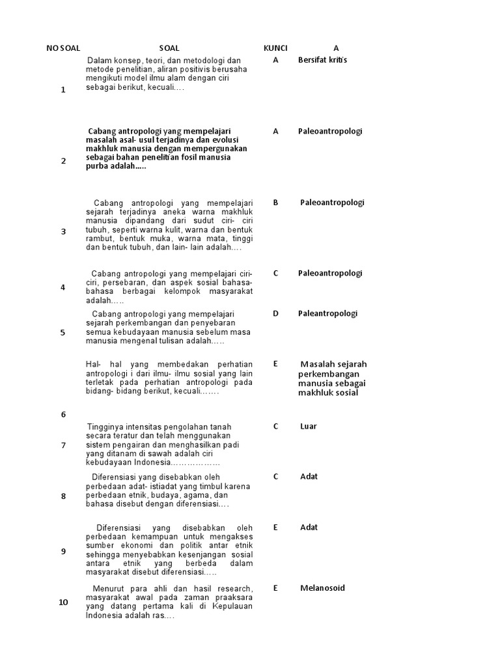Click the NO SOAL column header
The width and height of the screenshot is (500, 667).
click(x=63, y=48)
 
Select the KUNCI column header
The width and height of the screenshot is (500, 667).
click(x=275, y=48)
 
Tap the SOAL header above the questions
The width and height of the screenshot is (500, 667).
click(x=169, y=48)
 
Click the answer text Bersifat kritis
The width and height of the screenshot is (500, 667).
click(x=323, y=60)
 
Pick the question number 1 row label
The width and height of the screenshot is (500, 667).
click(x=63, y=90)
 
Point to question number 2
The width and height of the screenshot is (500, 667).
click(x=63, y=161)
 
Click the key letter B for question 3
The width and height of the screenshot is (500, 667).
click(x=275, y=203)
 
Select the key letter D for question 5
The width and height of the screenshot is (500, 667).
click(x=275, y=313)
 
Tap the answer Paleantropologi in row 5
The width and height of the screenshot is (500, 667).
click(x=328, y=313)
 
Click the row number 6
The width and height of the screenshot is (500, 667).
click(x=63, y=415)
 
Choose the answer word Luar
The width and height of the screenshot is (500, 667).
click(x=309, y=427)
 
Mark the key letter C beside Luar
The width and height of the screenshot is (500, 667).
click(x=275, y=427)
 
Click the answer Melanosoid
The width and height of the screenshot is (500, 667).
click(x=322, y=588)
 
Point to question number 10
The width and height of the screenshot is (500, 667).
click(x=63, y=602)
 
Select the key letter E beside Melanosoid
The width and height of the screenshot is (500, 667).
click(x=275, y=588)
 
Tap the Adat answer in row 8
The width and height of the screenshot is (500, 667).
click(x=309, y=477)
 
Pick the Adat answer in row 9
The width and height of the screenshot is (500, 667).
click(x=309, y=528)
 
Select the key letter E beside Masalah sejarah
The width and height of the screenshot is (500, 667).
click(x=275, y=363)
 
